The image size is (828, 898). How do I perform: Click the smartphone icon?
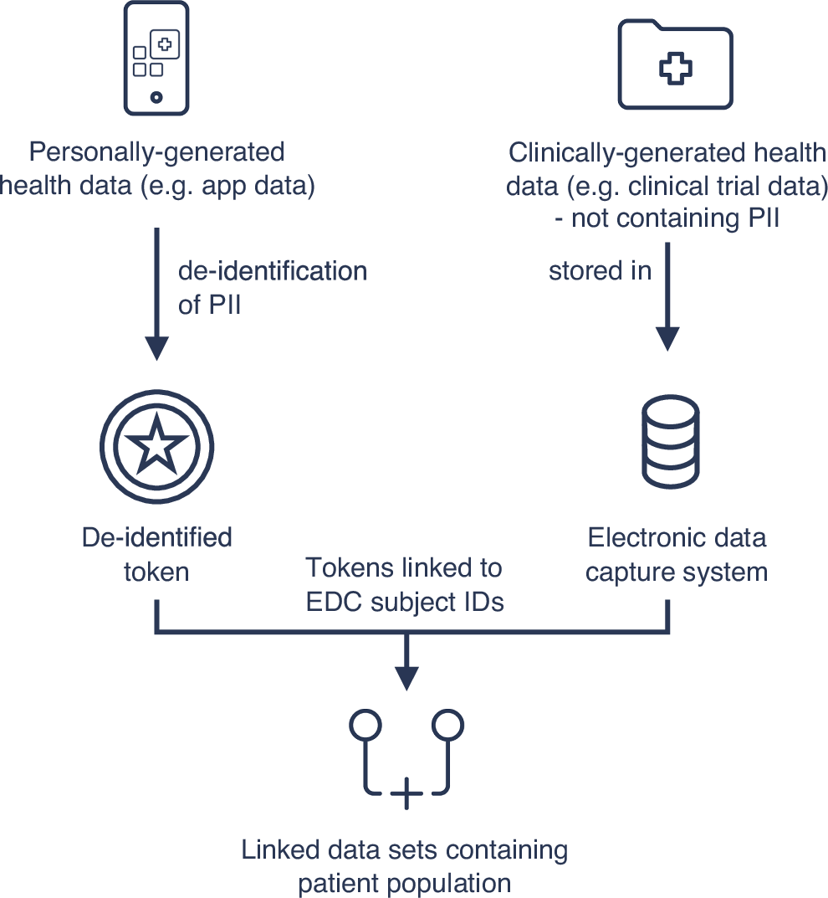[156, 57]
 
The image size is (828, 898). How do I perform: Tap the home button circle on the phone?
[156, 97]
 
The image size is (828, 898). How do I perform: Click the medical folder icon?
[675, 65]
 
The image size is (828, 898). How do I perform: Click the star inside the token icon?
[156, 444]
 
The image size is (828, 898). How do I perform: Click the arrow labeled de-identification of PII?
[156, 293]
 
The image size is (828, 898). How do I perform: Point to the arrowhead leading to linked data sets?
[406, 675]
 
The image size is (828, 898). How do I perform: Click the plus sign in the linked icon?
[406, 793]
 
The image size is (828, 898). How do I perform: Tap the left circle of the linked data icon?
[365, 725]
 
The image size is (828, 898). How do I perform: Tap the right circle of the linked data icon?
[447, 725]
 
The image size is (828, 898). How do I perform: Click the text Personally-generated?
[156, 152]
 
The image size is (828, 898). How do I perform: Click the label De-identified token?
[156, 554]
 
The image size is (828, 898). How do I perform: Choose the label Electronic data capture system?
[676, 554]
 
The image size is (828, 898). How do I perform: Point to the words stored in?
[600, 271]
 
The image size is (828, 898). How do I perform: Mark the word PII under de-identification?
[222, 305]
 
